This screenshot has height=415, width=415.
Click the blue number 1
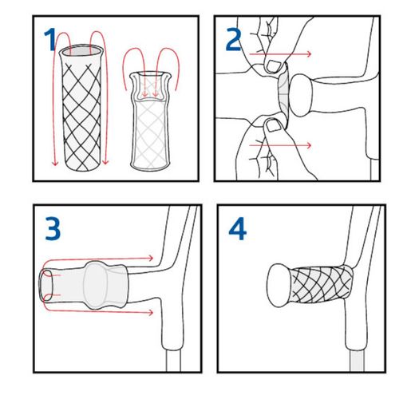[x=50, y=40]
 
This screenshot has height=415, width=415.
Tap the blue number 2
[x=233, y=39]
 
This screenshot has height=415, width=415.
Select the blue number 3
[x=53, y=228]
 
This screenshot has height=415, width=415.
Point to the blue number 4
[x=238, y=228]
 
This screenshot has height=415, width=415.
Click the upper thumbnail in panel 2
[x=273, y=65]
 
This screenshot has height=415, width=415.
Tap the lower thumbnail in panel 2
[x=273, y=125]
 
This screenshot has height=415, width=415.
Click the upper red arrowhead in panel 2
[x=309, y=54]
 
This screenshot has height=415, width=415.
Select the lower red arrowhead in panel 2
[x=309, y=145]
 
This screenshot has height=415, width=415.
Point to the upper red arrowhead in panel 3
[x=151, y=258]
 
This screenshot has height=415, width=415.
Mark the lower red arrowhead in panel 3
[x=151, y=312]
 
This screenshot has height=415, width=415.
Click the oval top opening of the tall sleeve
[x=81, y=50]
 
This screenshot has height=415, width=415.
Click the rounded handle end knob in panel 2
[x=300, y=95]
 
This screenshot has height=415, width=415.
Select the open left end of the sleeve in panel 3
[x=46, y=285]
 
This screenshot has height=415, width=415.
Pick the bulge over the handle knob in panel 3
[x=95, y=285]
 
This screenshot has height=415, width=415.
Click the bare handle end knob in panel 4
[x=278, y=286]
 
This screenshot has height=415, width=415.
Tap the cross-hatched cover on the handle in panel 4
[x=321, y=285]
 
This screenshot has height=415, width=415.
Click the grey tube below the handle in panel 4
[x=357, y=361]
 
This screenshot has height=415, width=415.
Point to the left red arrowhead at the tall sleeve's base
[x=55, y=162]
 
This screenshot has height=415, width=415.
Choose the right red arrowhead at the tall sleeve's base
[x=105, y=161]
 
